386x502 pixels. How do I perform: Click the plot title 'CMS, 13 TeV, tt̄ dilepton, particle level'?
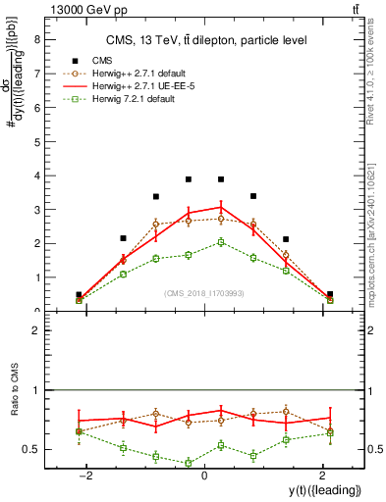click(x=206, y=40)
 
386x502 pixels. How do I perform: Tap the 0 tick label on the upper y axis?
click(x=38, y=311)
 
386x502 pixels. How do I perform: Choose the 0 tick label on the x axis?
click(x=203, y=476)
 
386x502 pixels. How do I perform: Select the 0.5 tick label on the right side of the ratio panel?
click(x=376, y=449)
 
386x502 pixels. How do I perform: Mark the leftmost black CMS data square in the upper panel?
click(x=79, y=294)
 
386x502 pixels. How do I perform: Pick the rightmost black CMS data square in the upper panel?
click(x=329, y=294)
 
